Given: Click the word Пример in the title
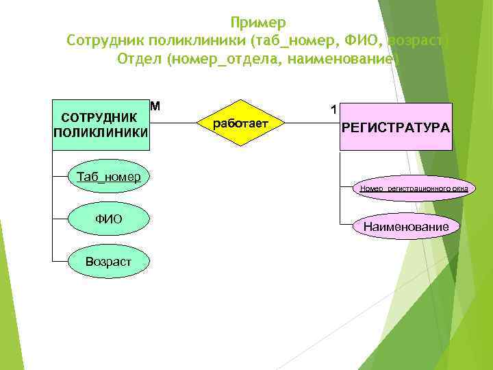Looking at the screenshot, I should (258, 23).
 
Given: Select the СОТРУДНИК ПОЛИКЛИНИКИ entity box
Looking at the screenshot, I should (101, 124).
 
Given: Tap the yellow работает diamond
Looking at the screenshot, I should (240, 124).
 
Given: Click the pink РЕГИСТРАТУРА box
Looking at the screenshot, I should (396, 127).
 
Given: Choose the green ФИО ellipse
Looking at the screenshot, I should (109, 219).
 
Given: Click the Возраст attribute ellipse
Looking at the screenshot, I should (109, 261).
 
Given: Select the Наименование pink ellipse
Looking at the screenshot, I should (407, 227).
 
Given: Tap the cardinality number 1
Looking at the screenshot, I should (333, 109).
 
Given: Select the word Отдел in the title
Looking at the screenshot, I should (139, 59).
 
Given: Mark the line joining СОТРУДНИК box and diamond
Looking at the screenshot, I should (173, 124).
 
